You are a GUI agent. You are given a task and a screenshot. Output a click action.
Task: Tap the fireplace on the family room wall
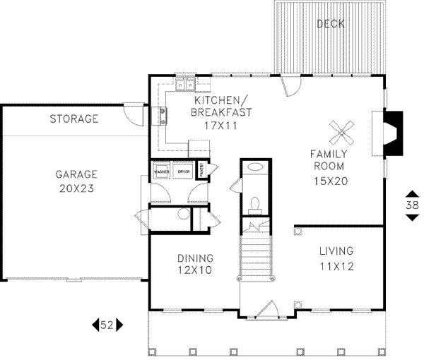(x=394, y=133)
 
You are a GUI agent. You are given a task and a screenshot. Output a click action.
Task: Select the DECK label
(x=330, y=24)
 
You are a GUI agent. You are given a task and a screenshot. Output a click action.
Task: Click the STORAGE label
(x=73, y=119)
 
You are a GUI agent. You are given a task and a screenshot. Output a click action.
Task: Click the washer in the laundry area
(x=160, y=172)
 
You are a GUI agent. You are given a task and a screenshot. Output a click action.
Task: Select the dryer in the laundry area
(x=184, y=172)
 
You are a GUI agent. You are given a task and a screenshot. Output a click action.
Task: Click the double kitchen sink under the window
(x=186, y=86)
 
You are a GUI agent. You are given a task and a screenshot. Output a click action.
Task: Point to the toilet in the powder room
(x=256, y=204)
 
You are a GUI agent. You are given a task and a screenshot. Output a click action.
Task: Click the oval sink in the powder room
(x=256, y=168)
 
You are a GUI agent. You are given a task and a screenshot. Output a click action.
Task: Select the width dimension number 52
(x=107, y=325)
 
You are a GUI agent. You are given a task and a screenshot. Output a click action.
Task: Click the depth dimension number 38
(x=411, y=205)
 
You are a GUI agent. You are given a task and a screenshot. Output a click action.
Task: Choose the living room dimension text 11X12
(x=336, y=266)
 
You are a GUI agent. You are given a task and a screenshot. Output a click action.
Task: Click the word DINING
(x=194, y=258)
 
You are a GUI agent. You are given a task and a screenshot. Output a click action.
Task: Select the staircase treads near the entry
(x=256, y=258)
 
